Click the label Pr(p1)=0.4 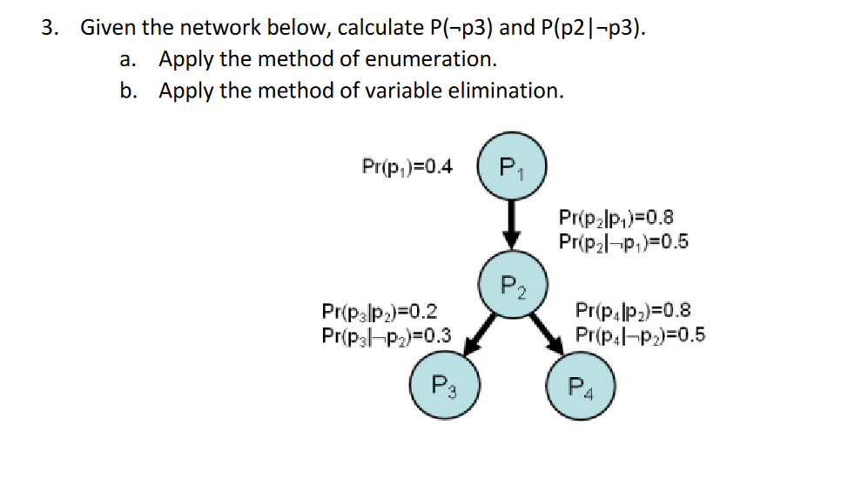coord(407,165)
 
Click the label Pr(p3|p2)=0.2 coord(380,311)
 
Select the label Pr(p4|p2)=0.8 coord(633,310)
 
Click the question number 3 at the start coord(50,28)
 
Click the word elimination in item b coord(515,90)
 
